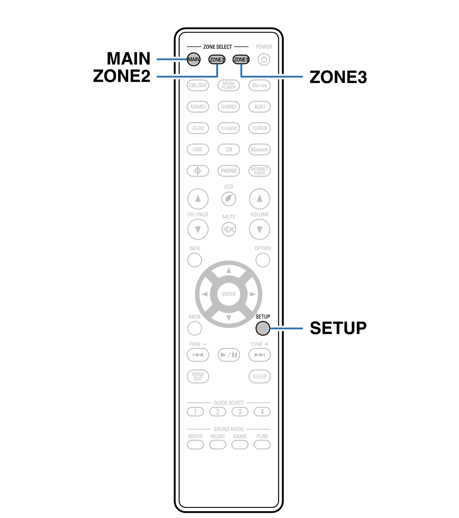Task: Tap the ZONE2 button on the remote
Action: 217,60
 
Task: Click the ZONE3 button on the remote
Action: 241,60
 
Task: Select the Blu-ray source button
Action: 259,86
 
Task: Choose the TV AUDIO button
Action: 229,128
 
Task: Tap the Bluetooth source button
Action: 259,149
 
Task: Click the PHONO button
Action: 229,171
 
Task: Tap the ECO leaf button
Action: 229,199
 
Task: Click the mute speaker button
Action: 229,229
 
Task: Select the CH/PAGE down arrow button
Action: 198,229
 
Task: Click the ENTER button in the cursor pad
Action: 229,294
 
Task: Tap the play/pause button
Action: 229,355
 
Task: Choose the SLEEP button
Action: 259,377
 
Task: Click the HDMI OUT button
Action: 198,377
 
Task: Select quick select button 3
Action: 240,412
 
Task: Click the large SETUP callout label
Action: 338,328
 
